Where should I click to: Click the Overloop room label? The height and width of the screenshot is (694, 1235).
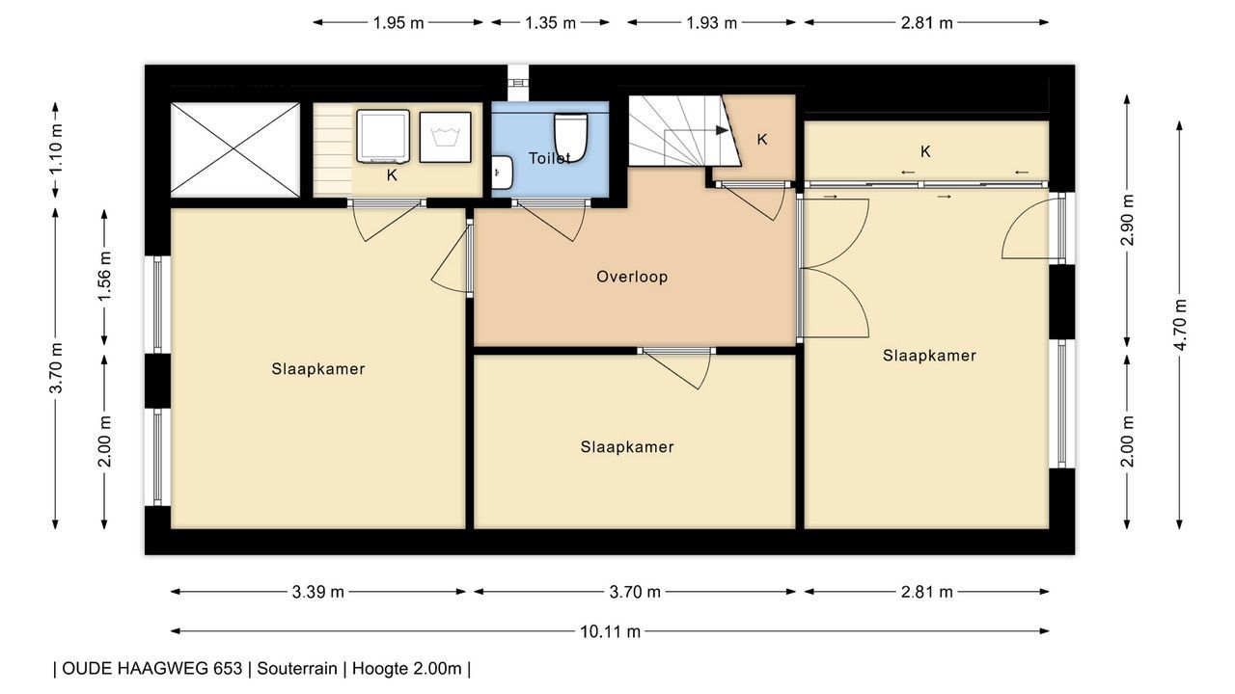point(632,277)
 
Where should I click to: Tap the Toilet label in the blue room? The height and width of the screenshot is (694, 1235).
point(549,159)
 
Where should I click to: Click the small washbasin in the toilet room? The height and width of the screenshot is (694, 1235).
point(502,173)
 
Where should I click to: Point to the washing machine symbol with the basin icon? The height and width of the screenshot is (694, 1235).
point(445,137)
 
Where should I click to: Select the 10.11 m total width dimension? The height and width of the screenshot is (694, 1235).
point(610,631)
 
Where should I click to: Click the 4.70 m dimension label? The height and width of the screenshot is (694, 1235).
point(1179,325)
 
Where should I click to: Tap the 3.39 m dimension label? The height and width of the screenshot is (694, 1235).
point(318,592)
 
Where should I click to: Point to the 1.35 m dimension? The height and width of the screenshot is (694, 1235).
point(550,22)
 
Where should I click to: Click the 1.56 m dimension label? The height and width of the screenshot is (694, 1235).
point(105,276)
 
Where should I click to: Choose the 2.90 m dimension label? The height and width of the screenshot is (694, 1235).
point(1128,220)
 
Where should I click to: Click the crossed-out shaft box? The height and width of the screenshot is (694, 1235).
point(235,149)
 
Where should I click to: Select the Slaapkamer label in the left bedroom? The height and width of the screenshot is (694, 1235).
point(318,369)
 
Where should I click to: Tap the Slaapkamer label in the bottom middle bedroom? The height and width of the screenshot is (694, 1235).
point(627,446)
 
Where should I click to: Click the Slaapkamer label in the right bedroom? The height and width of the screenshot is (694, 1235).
point(929,356)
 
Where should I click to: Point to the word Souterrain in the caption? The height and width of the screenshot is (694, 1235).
point(297,669)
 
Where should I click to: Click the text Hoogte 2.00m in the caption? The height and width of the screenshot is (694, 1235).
point(407,669)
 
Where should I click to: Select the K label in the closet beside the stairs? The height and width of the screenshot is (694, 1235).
point(762,140)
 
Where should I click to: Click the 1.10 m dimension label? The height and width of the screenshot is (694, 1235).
point(56,149)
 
